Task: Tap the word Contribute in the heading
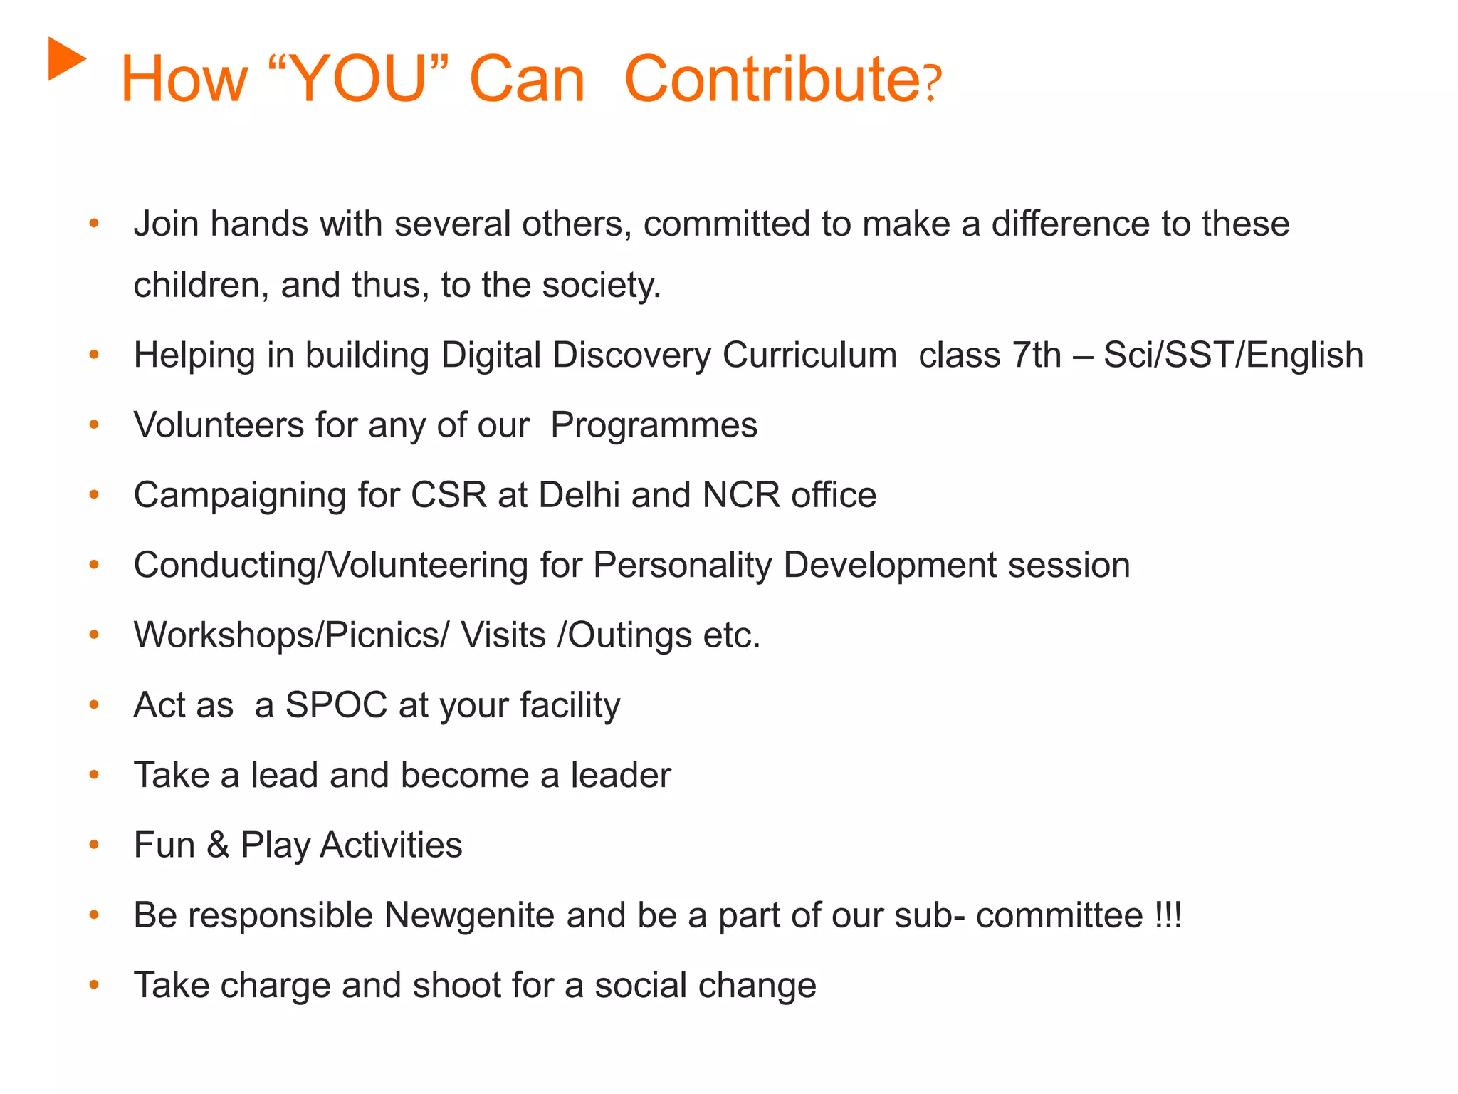pos(772,79)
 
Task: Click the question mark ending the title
pos(933,84)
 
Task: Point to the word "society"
pos(601,286)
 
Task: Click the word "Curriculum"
pos(809,355)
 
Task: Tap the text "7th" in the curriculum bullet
pos(1037,355)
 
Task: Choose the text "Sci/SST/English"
pos(1233,355)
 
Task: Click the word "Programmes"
pos(654,425)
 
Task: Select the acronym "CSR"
pos(449,495)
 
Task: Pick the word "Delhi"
pos(579,495)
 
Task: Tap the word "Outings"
pos(629,635)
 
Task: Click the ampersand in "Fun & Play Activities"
pos(218,845)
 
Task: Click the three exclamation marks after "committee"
pos(1168,915)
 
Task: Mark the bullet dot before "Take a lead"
pos(94,775)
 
